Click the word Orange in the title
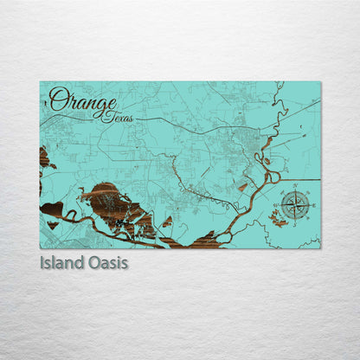coord(81,101)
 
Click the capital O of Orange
coord(58,100)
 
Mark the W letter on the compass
coord(277,206)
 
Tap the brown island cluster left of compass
coord(280,222)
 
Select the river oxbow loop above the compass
coord(274,178)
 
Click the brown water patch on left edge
coord(44,158)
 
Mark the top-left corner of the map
coord(40,81)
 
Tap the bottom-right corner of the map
coord(320,248)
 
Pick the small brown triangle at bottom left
coord(53,224)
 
